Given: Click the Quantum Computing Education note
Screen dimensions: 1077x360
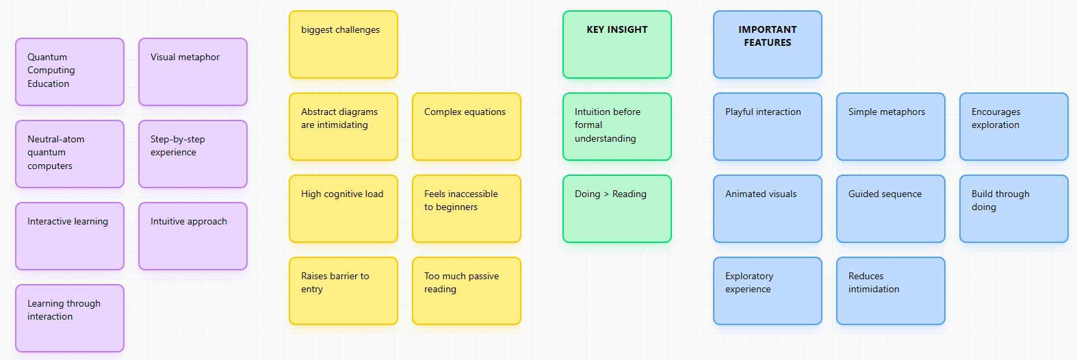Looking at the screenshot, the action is tap(70, 72).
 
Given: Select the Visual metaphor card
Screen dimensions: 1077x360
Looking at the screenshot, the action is tap(193, 72).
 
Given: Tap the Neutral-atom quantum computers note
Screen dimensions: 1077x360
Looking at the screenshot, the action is tap(70, 154).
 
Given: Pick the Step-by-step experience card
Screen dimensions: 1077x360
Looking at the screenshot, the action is tap(193, 154).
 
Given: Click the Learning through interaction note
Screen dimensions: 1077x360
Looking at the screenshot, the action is tap(70, 318).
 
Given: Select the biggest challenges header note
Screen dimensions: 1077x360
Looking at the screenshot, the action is tap(343, 44).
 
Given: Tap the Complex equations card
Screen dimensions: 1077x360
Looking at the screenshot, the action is tap(467, 127).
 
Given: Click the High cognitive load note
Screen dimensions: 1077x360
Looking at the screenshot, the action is tap(343, 209).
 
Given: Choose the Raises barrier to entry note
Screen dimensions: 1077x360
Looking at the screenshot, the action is tap(343, 291).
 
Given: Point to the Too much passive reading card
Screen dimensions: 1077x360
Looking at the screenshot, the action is tap(467, 291).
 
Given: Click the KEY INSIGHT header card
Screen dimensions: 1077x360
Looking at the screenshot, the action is tap(617, 44).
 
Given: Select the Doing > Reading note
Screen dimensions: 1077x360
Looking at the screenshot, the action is tap(617, 209).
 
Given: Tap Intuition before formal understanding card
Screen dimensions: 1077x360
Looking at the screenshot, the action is tap(617, 127).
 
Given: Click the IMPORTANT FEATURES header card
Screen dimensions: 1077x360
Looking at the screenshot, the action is tap(768, 44).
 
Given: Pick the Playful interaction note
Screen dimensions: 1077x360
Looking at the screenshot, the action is tap(768, 127).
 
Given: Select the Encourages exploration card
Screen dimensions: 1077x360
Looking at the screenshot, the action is tap(1014, 127).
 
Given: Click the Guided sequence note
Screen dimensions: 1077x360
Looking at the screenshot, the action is tap(891, 209).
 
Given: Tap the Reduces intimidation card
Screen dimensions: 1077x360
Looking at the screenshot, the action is tap(891, 291).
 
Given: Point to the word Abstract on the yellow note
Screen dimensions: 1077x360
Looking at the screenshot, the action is tap(319, 112).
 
